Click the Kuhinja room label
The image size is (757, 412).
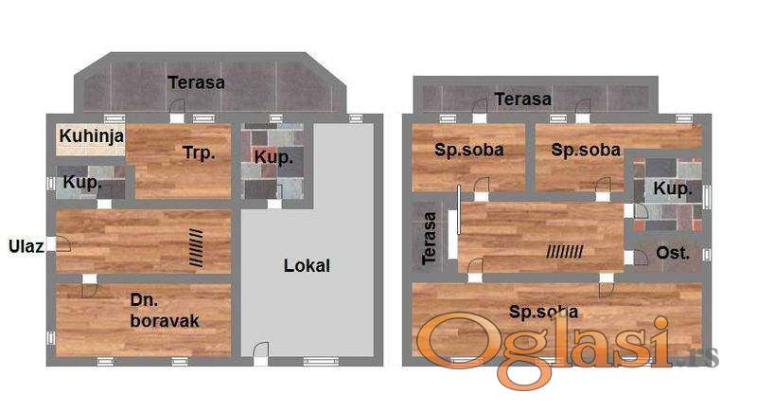pyautogui.click(x=92, y=136)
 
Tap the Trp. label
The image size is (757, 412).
pyautogui.click(x=199, y=153)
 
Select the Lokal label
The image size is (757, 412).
pyautogui.click(x=307, y=265)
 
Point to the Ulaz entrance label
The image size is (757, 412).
pyautogui.click(x=26, y=246)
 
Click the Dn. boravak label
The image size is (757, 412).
pyautogui.click(x=165, y=311)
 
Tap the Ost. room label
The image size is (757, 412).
pyautogui.click(x=673, y=253)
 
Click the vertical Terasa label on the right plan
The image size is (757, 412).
pyautogui.click(x=429, y=238)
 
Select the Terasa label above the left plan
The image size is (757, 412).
pyautogui.click(x=197, y=82)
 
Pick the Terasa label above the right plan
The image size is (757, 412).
pyautogui.click(x=523, y=99)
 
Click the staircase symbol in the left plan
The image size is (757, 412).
pyautogui.click(x=196, y=247)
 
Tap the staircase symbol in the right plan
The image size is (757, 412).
pyautogui.click(x=565, y=251)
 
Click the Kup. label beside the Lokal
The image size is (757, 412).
pyautogui.click(x=273, y=157)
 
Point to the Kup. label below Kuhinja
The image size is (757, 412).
pyautogui.click(x=82, y=183)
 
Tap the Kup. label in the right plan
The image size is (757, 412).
pyautogui.click(x=673, y=188)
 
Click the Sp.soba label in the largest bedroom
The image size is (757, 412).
pyautogui.click(x=543, y=312)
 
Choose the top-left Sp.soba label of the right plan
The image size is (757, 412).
pyautogui.click(x=468, y=150)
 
